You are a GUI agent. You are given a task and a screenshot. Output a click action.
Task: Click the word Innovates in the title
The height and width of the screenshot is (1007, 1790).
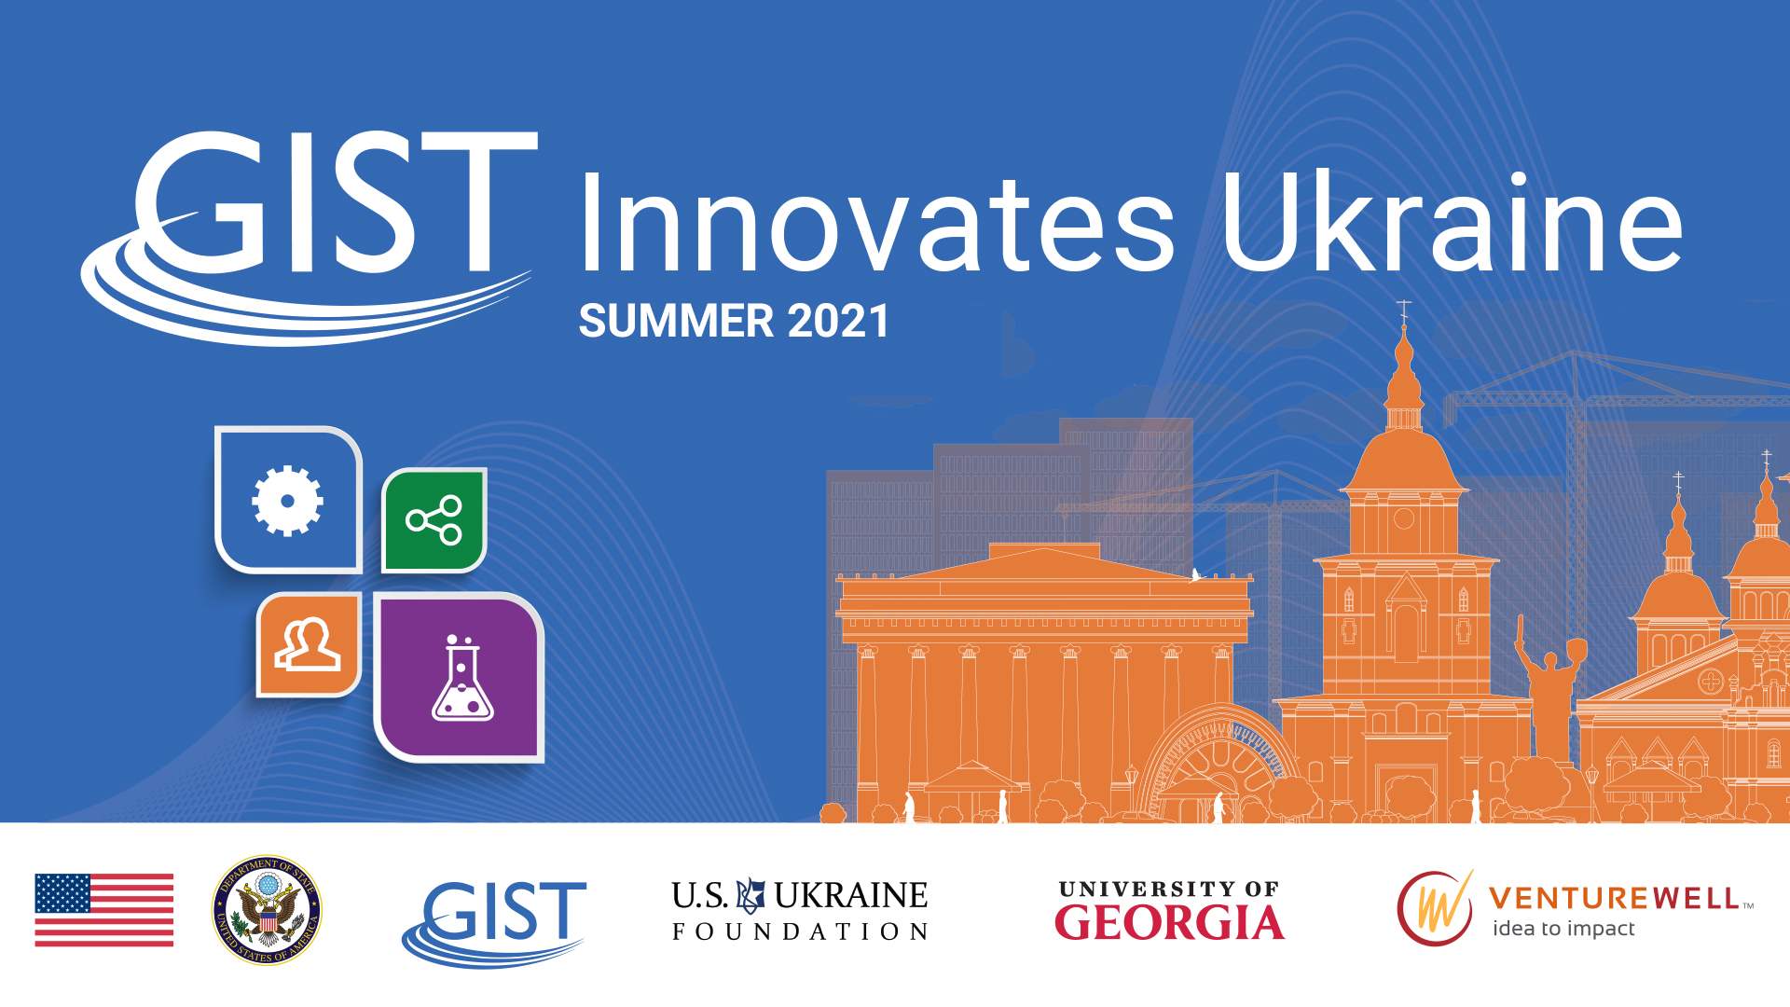point(877,223)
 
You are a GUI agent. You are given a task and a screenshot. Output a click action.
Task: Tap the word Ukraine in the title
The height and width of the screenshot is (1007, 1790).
point(1452,223)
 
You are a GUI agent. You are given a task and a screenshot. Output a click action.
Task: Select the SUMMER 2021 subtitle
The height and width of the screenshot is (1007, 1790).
point(734,321)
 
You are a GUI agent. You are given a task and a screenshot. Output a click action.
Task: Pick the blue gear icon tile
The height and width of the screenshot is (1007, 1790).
point(288,500)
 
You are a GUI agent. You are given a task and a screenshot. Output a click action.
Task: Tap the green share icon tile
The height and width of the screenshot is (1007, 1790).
point(434,520)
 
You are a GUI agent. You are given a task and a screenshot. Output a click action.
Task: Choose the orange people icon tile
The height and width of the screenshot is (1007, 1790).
point(309,644)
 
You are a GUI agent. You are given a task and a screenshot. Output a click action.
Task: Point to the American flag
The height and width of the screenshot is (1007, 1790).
point(104,910)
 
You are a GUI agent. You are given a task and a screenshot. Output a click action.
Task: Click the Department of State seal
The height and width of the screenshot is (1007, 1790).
point(268,910)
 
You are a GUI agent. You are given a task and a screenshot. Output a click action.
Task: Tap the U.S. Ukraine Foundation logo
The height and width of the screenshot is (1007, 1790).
point(800,910)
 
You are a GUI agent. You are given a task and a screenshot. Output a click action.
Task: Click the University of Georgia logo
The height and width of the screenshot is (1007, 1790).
point(1170,910)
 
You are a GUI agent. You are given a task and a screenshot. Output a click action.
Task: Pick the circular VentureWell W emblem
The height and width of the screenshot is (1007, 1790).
point(1436,908)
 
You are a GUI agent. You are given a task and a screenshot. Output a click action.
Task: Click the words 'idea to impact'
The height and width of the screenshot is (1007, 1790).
point(1563,929)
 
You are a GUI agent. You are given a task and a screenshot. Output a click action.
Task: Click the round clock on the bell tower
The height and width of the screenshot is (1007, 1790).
point(1404,518)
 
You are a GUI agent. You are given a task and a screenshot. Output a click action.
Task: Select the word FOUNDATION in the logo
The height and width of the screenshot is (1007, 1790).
point(800,931)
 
